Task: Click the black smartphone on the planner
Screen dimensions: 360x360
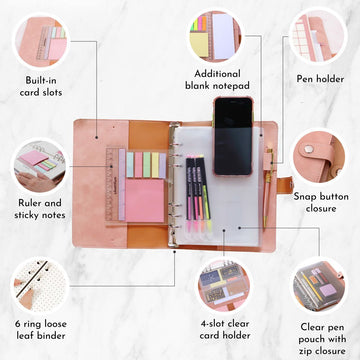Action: click(233, 136)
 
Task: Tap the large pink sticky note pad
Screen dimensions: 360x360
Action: click(145, 200)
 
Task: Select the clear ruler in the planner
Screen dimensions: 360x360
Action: click(112, 184)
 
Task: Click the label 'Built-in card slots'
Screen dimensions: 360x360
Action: click(41, 86)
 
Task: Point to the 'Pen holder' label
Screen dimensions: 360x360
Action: click(320, 79)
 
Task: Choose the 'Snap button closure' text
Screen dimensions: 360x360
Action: click(321, 202)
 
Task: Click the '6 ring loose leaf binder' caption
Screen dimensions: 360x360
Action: click(41, 329)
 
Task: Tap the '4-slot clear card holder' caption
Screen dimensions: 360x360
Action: click(225, 329)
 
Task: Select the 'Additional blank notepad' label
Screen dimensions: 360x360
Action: click(217, 79)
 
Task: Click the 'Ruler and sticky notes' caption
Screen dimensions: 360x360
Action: click(40, 209)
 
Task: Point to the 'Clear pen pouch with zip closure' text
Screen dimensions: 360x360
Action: click(322, 339)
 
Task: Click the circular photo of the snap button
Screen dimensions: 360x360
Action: click(318, 158)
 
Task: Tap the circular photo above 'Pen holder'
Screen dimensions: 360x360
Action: click(318, 37)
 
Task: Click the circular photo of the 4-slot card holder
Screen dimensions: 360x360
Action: click(224, 285)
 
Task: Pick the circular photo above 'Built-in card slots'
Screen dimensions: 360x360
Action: click(41, 41)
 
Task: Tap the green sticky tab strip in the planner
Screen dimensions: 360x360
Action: click(147, 165)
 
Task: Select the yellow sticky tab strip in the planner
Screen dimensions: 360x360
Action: click(155, 165)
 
